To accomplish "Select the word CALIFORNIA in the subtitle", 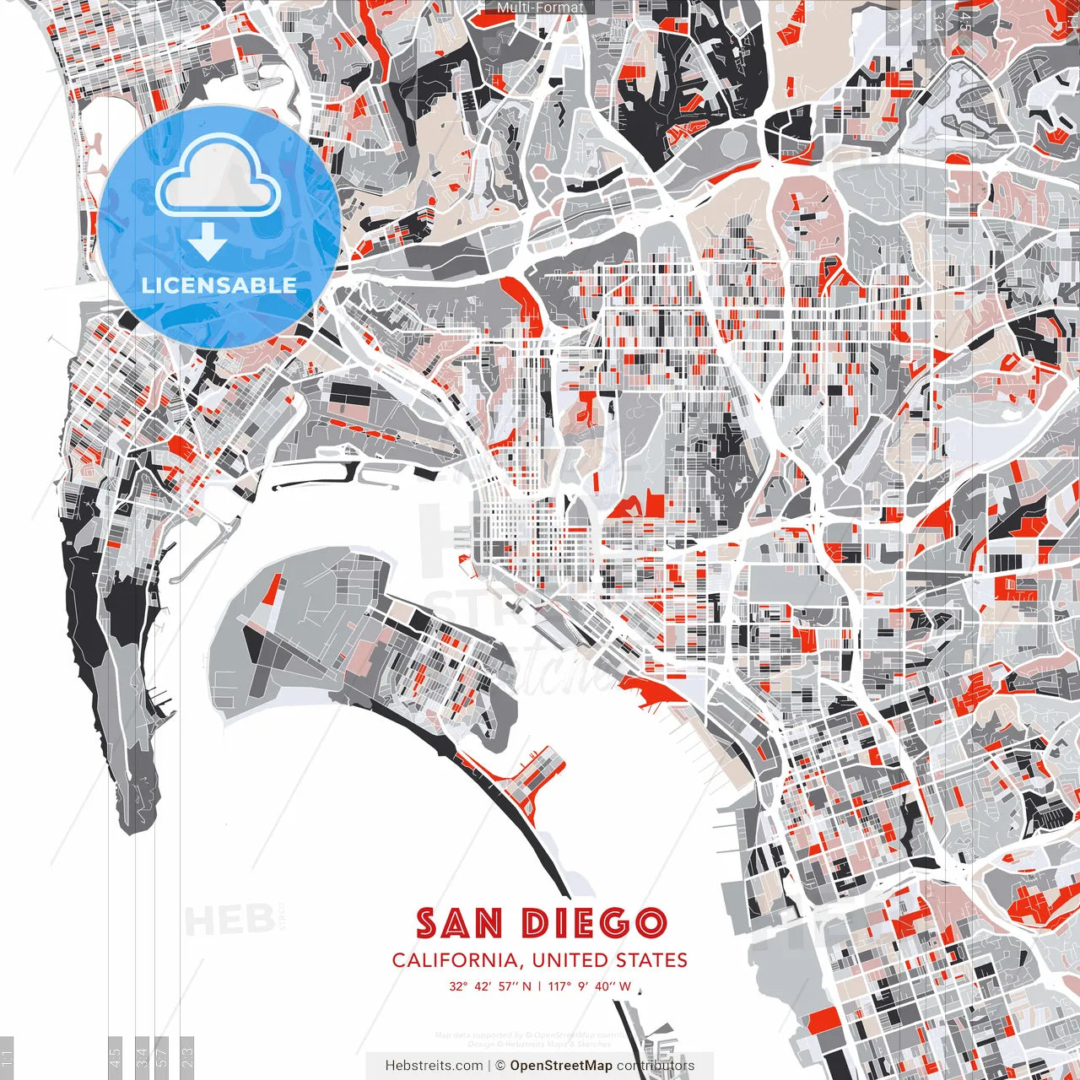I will (456, 960).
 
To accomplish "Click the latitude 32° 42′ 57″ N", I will (489, 986).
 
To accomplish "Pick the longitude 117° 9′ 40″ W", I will (589, 986).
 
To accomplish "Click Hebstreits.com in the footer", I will (435, 1066).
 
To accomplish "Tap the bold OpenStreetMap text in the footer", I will (561, 1066).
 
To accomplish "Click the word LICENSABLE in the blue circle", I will (219, 285).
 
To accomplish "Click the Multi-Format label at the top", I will (540, 8).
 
